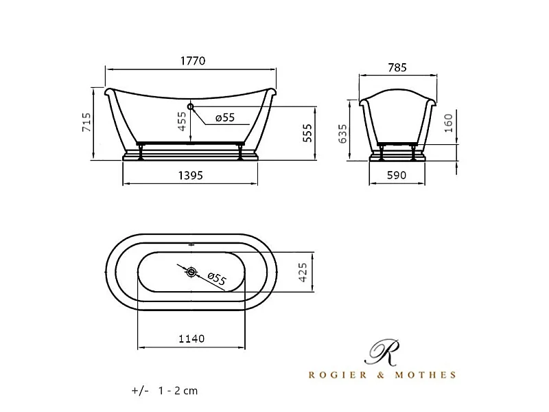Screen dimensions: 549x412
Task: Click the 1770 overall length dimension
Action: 193,61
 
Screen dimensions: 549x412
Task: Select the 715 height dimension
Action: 86,122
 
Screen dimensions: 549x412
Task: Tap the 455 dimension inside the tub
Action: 182,122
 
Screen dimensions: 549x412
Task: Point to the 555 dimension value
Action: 307,133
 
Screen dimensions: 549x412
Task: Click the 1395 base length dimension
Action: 191,175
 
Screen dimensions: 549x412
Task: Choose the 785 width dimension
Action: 397,67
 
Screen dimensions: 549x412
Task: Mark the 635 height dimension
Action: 343,133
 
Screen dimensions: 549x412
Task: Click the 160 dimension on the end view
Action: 449,123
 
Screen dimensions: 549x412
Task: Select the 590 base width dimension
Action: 397,175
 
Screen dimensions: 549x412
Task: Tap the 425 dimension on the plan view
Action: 303,272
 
